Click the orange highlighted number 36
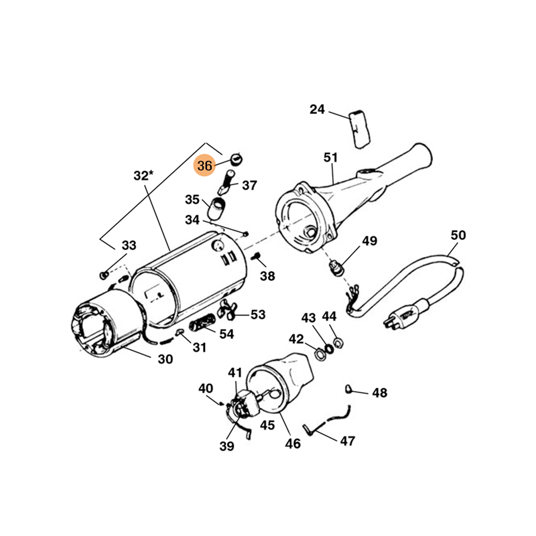pyautogui.click(x=204, y=165)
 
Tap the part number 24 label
pyautogui.click(x=317, y=109)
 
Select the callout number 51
pyautogui.click(x=330, y=157)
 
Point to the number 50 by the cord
pyautogui.click(x=458, y=235)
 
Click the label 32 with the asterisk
pyautogui.click(x=143, y=176)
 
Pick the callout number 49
pyautogui.click(x=370, y=241)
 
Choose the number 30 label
pyautogui.click(x=165, y=359)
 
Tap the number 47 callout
pyautogui.click(x=347, y=441)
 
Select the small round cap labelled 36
pyautogui.click(x=236, y=159)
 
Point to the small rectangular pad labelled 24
pyautogui.click(x=360, y=129)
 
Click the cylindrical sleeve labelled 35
pyautogui.click(x=216, y=208)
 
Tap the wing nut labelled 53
pyautogui.click(x=226, y=310)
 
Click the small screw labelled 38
pyautogui.click(x=256, y=257)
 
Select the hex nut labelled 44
pyautogui.click(x=338, y=342)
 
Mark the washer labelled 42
pyautogui.click(x=320, y=354)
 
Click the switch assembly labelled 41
pyautogui.click(x=245, y=403)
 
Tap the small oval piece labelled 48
pyautogui.click(x=348, y=389)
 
